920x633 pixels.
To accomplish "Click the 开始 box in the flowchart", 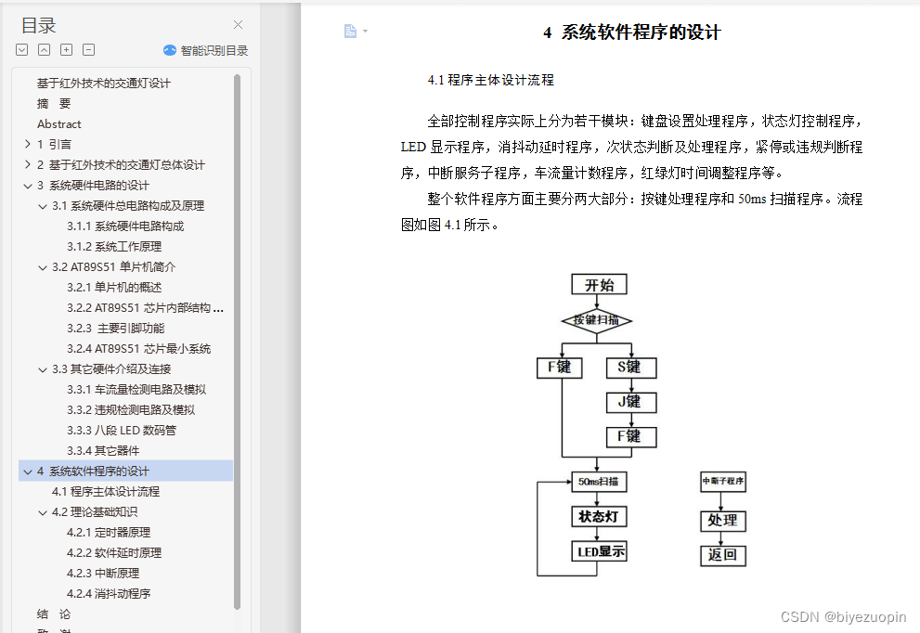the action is (599, 285).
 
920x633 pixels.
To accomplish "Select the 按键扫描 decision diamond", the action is (597, 321).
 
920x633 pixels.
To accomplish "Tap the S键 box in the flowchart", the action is (630, 368).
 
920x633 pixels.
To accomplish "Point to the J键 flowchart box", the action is (630, 402).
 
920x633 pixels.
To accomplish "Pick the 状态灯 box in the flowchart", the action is (598, 517).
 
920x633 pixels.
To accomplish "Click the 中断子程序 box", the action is (722, 482).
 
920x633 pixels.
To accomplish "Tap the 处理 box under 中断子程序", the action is (722, 521).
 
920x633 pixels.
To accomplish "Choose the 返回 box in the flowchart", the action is (722, 555).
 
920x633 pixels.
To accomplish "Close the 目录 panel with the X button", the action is (238, 25).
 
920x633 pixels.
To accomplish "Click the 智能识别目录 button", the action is (205, 51).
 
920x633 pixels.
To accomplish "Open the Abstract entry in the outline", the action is (59, 123).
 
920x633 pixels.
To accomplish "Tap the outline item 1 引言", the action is (54, 144).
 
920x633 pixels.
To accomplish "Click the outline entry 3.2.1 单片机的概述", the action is (114, 287).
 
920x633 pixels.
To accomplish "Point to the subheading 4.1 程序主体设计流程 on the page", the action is (490, 80).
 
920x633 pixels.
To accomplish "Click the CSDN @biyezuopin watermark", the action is (843, 616).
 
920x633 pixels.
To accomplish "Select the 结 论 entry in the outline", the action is (54, 614).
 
